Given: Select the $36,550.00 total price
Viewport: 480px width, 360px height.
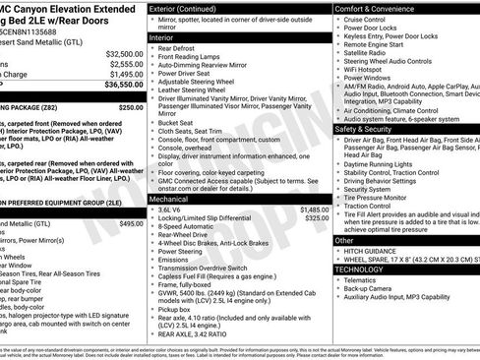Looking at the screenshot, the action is click(125, 86).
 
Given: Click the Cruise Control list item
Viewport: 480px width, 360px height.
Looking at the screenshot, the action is click(365, 20).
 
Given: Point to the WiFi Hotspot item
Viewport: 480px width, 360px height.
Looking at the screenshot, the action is click(363, 69).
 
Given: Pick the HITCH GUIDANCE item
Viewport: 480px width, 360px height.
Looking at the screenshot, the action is click(371, 250).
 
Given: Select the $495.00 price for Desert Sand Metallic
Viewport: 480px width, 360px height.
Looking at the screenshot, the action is click(131, 224).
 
